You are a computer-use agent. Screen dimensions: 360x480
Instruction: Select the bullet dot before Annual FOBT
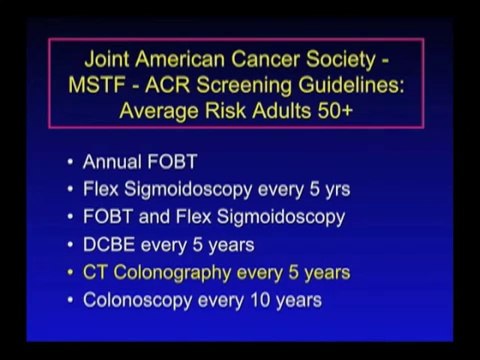coord(70,160)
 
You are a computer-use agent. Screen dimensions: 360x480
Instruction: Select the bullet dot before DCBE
coord(70,244)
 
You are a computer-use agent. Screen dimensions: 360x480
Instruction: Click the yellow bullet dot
coord(70,272)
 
